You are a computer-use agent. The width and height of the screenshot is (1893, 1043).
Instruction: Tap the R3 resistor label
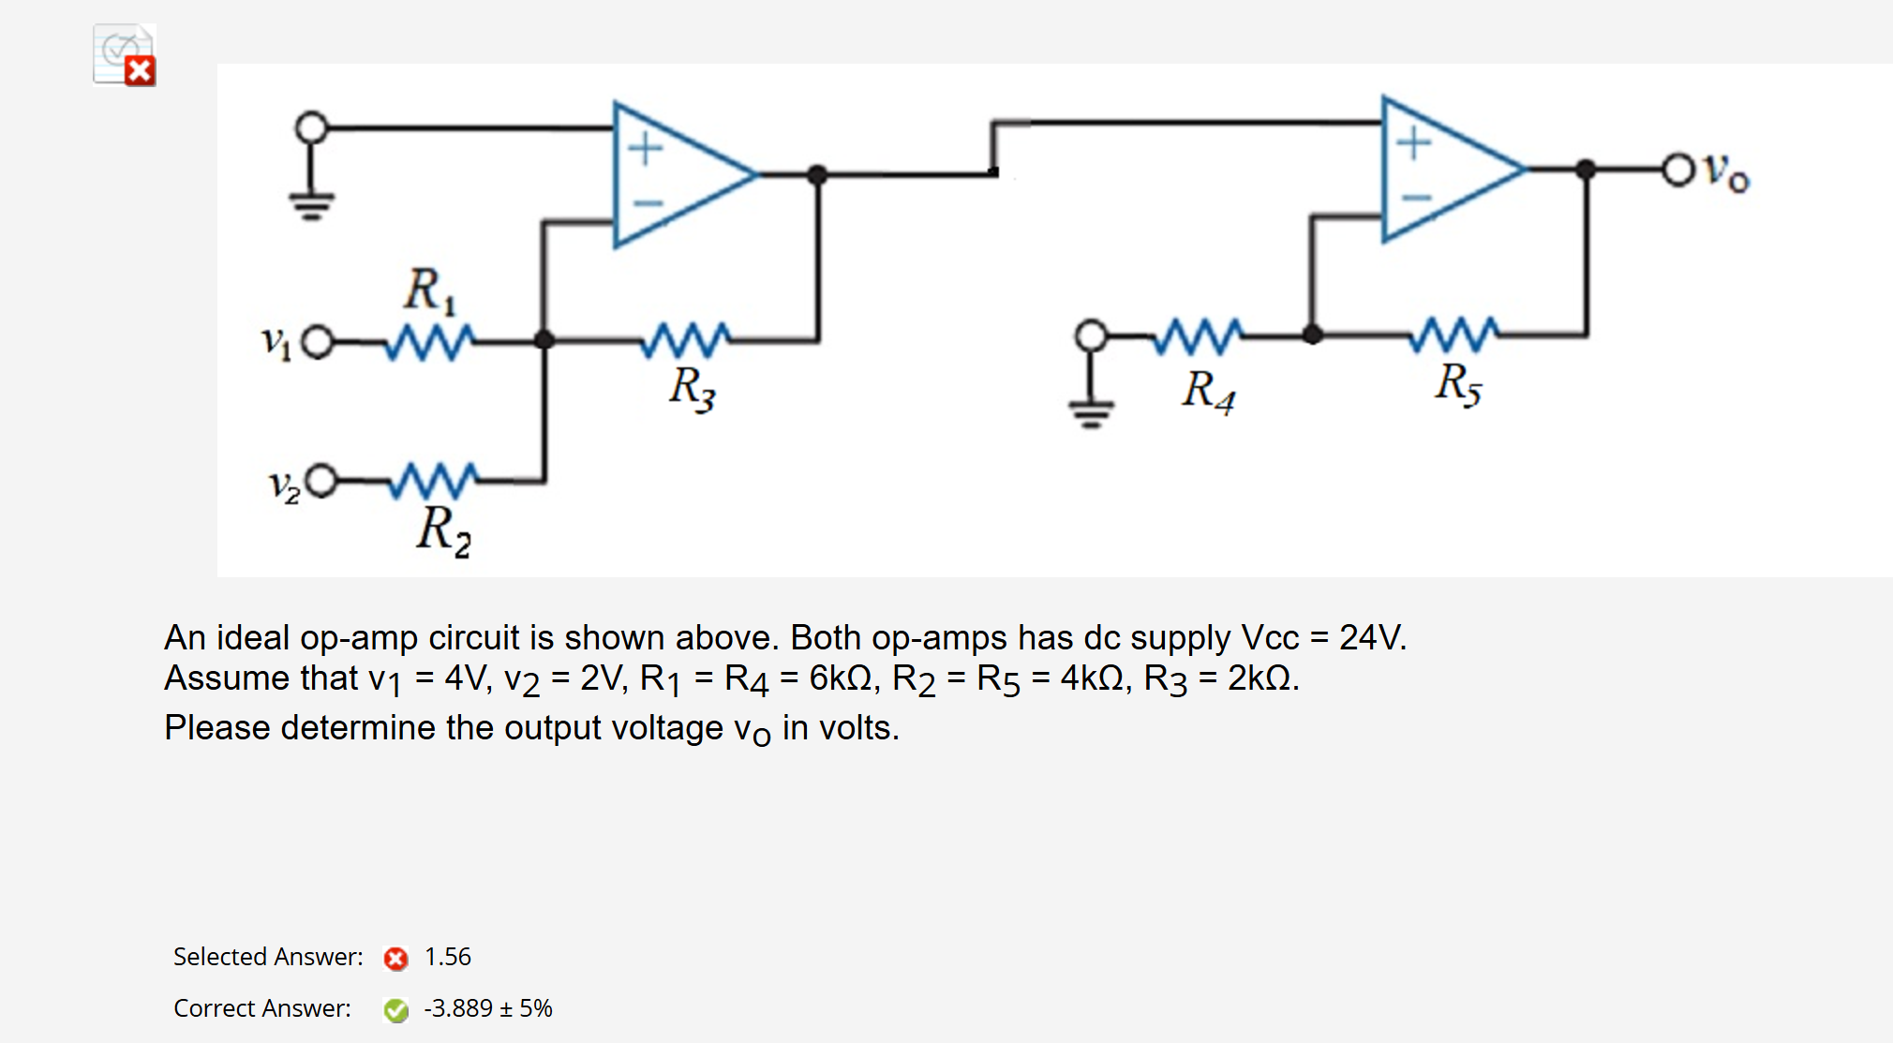coord(692,387)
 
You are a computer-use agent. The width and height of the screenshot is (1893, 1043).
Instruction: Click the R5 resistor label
coord(1457,383)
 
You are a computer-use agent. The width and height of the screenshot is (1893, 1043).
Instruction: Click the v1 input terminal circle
coord(318,342)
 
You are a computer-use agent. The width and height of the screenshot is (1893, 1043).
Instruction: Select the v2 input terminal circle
coord(321,481)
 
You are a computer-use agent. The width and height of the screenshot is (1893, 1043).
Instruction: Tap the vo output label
coord(1725,171)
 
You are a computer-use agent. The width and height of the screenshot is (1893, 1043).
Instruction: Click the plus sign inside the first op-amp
coord(645,148)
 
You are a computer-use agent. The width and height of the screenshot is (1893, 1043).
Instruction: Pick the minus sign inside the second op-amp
coord(1415,198)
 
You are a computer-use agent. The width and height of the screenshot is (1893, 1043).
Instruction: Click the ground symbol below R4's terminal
coord(1091,410)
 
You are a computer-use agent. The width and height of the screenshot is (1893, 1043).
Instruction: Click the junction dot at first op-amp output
coord(817,174)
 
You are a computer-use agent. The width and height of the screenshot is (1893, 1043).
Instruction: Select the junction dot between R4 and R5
coord(1312,335)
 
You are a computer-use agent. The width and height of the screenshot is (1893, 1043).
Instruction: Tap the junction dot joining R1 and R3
coord(544,340)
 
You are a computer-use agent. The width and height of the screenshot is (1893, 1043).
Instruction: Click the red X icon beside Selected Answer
coord(395,958)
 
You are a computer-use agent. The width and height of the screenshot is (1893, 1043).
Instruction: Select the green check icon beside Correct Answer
coord(395,1009)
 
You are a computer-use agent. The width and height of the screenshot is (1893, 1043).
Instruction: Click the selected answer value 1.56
coord(447,957)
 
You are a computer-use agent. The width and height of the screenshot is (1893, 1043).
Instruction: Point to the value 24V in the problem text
coord(1372,638)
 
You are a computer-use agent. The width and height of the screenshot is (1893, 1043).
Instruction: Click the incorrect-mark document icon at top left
coord(125,54)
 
